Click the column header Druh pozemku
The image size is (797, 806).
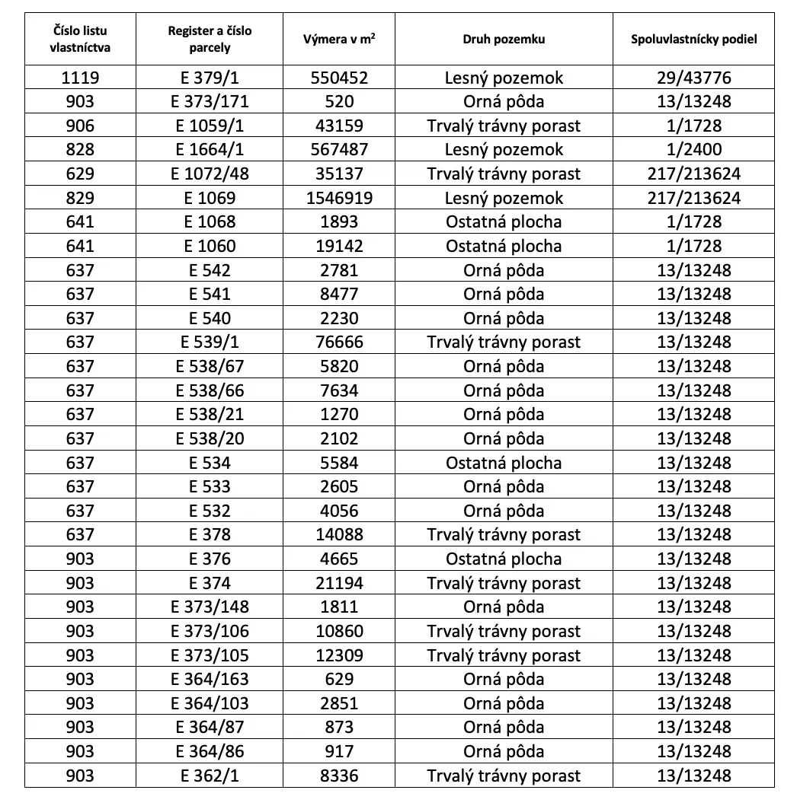pyautogui.click(x=504, y=39)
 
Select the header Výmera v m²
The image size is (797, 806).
pyautogui.click(x=339, y=39)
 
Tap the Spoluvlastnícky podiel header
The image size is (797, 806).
pyautogui.click(x=693, y=39)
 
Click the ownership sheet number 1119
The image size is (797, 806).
pyautogui.click(x=80, y=78)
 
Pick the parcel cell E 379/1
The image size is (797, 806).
pyautogui.click(x=210, y=78)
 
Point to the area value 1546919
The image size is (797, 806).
pyautogui.click(x=339, y=198)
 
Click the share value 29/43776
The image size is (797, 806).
pyautogui.click(x=693, y=78)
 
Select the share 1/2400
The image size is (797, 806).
pyautogui.click(x=693, y=150)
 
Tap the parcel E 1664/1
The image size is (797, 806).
pyautogui.click(x=210, y=150)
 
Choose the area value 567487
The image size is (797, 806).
pyautogui.click(x=339, y=150)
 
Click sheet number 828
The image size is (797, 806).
pyautogui.click(x=80, y=150)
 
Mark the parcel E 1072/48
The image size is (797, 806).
pyautogui.click(x=210, y=174)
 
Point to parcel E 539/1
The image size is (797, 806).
pyautogui.click(x=210, y=342)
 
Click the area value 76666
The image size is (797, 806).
pyautogui.click(x=339, y=342)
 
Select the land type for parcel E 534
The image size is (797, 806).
pyautogui.click(x=504, y=463)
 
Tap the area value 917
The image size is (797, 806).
pyautogui.click(x=339, y=751)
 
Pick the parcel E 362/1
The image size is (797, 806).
pyautogui.click(x=210, y=776)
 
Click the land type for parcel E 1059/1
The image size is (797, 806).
pyautogui.click(x=504, y=126)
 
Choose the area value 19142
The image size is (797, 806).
pyautogui.click(x=339, y=246)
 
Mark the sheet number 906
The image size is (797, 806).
pyautogui.click(x=80, y=126)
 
